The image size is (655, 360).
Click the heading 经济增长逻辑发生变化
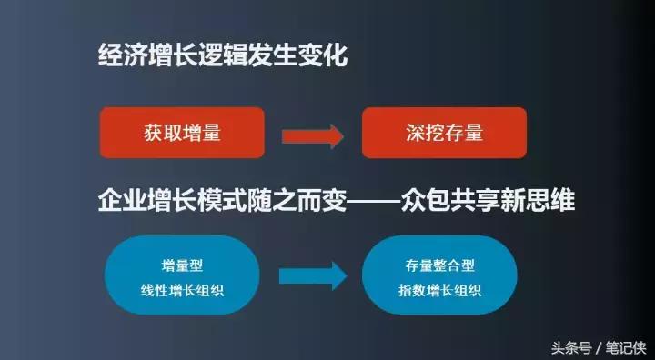(223, 56)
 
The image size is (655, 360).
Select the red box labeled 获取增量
(182, 133)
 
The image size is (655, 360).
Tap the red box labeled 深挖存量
(444, 133)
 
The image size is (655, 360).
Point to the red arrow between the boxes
(312, 135)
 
